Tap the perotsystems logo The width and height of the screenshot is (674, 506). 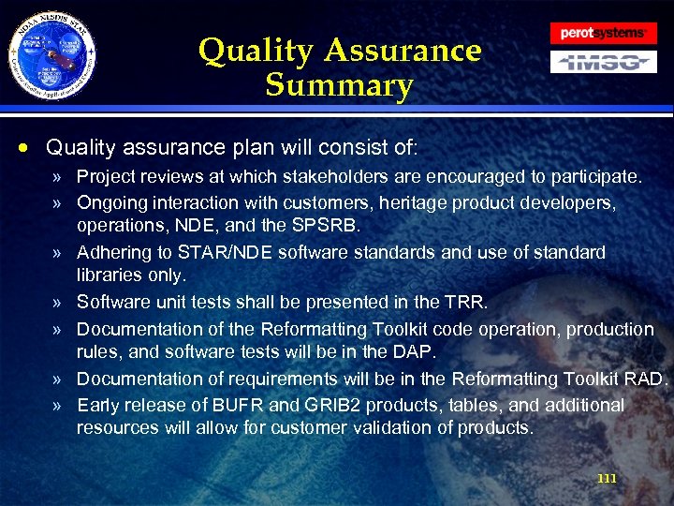point(603,33)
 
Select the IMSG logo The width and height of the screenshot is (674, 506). point(603,62)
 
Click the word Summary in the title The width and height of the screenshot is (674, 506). point(339,86)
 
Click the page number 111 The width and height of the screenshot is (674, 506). point(607,479)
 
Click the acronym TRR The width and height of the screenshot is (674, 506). point(463,303)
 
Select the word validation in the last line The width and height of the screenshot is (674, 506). point(388,429)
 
